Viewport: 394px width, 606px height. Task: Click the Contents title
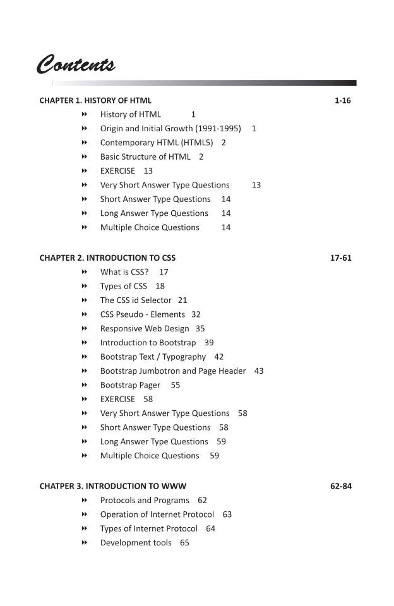pyautogui.click(x=76, y=65)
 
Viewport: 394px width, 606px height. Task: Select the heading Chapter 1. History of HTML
pyautogui.click(x=95, y=100)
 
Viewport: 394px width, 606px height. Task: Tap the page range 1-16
pyautogui.click(x=342, y=100)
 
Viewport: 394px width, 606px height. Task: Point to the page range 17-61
pyautogui.click(x=340, y=258)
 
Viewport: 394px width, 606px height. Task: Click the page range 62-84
pyautogui.click(x=340, y=487)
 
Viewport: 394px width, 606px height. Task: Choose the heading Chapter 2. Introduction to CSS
pyautogui.click(x=107, y=258)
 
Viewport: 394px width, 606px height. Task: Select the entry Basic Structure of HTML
pyautogui.click(x=145, y=157)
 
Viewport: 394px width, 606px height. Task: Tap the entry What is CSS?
pyautogui.click(x=124, y=272)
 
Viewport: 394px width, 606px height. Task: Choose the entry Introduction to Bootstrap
pyautogui.click(x=148, y=343)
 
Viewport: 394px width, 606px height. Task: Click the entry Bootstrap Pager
pyautogui.click(x=130, y=385)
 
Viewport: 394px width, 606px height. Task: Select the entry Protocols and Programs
pyautogui.click(x=145, y=501)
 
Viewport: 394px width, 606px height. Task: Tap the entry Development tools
pyautogui.click(x=136, y=543)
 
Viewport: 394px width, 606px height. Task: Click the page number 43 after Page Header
pyautogui.click(x=259, y=371)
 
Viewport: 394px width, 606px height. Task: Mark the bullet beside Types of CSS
pyautogui.click(x=83, y=286)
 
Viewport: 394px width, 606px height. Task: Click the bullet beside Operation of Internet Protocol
pyautogui.click(x=83, y=514)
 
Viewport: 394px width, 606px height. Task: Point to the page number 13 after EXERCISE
pyautogui.click(x=148, y=171)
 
